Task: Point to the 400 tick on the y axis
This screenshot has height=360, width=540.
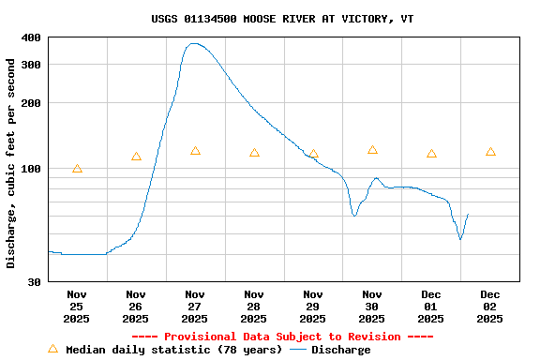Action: tap(31, 37)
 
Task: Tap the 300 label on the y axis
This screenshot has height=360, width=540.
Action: tap(31, 65)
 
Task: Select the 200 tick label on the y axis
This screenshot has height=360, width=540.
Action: tap(31, 103)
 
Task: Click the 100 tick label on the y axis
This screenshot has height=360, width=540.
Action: tap(31, 169)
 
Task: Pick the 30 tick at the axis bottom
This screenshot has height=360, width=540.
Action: tap(35, 281)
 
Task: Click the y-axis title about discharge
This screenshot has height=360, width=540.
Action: tap(11, 163)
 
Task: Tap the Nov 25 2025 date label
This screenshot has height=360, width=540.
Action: tap(77, 307)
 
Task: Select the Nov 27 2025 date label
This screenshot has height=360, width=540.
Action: tap(195, 307)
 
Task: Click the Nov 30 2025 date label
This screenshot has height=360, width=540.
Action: tap(372, 307)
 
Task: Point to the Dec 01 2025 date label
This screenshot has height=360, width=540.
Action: tap(431, 307)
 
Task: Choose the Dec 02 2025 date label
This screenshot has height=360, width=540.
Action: tap(490, 307)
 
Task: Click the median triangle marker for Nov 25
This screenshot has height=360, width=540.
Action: tap(77, 169)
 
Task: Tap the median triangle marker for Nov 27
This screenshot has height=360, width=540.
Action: tap(195, 151)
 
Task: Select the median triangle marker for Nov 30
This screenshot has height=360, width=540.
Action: tap(372, 150)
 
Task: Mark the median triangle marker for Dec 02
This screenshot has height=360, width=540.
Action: tap(490, 152)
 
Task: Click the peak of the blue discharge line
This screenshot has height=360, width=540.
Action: tap(194, 43)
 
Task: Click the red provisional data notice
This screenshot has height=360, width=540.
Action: tap(282, 337)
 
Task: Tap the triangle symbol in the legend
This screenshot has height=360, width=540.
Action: tap(53, 349)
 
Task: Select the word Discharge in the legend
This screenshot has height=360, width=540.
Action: tap(340, 350)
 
